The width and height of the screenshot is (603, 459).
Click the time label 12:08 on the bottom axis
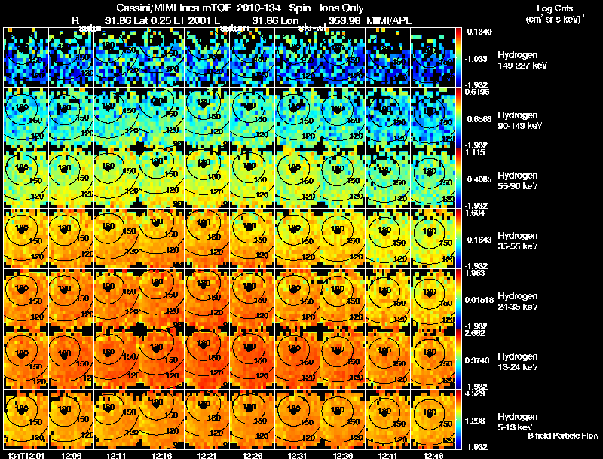pos(72,455)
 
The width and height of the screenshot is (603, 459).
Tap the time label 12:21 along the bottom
pos(207,455)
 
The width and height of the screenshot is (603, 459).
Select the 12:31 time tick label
pos(298,455)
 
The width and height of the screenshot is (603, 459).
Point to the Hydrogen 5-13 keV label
pos(518,421)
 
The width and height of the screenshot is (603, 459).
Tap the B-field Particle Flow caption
pos(563,436)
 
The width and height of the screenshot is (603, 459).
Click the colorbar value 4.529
pos(474,393)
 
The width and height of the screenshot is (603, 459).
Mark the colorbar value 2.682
pos(474,333)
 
